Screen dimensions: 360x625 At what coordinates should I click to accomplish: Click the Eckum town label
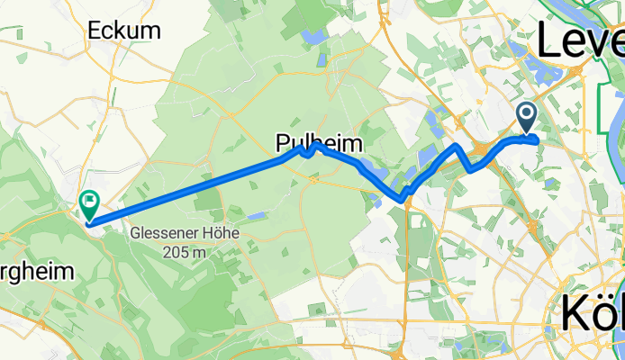click(x=124, y=30)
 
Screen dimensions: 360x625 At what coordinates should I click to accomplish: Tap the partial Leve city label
click(x=581, y=40)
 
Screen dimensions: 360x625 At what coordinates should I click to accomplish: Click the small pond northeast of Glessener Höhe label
click(x=257, y=215)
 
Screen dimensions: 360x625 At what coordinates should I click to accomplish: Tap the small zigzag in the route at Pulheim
click(x=307, y=151)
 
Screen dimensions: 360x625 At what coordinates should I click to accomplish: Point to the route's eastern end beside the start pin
click(x=536, y=139)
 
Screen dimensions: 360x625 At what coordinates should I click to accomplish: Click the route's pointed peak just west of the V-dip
click(x=458, y=146)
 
